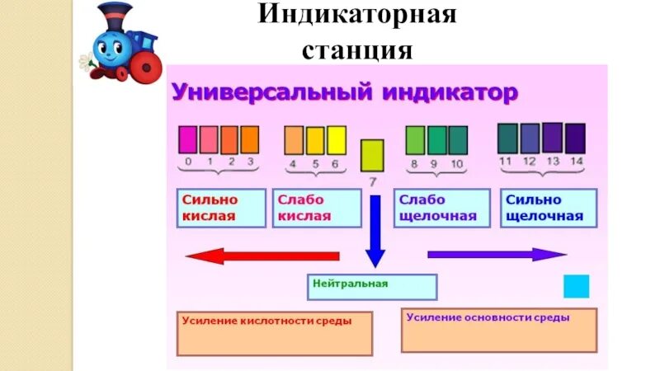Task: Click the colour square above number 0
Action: click(188, 139)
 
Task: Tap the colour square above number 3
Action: click(250, 139)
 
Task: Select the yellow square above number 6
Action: click(336, 140)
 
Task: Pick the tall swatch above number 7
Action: click(373, 157)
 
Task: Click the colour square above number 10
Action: click(458, 139)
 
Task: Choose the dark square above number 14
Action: click(576, 138)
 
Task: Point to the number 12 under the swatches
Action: click(530, 161)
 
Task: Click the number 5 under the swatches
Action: click(314, 163)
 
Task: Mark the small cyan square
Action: click(576, 286)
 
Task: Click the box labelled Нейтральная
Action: click(373, 286)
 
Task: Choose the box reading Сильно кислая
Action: click(221, 209)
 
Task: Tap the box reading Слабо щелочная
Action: click(444, 209)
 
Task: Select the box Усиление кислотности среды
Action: click(275, 333)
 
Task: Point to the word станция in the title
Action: click(357, 52)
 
